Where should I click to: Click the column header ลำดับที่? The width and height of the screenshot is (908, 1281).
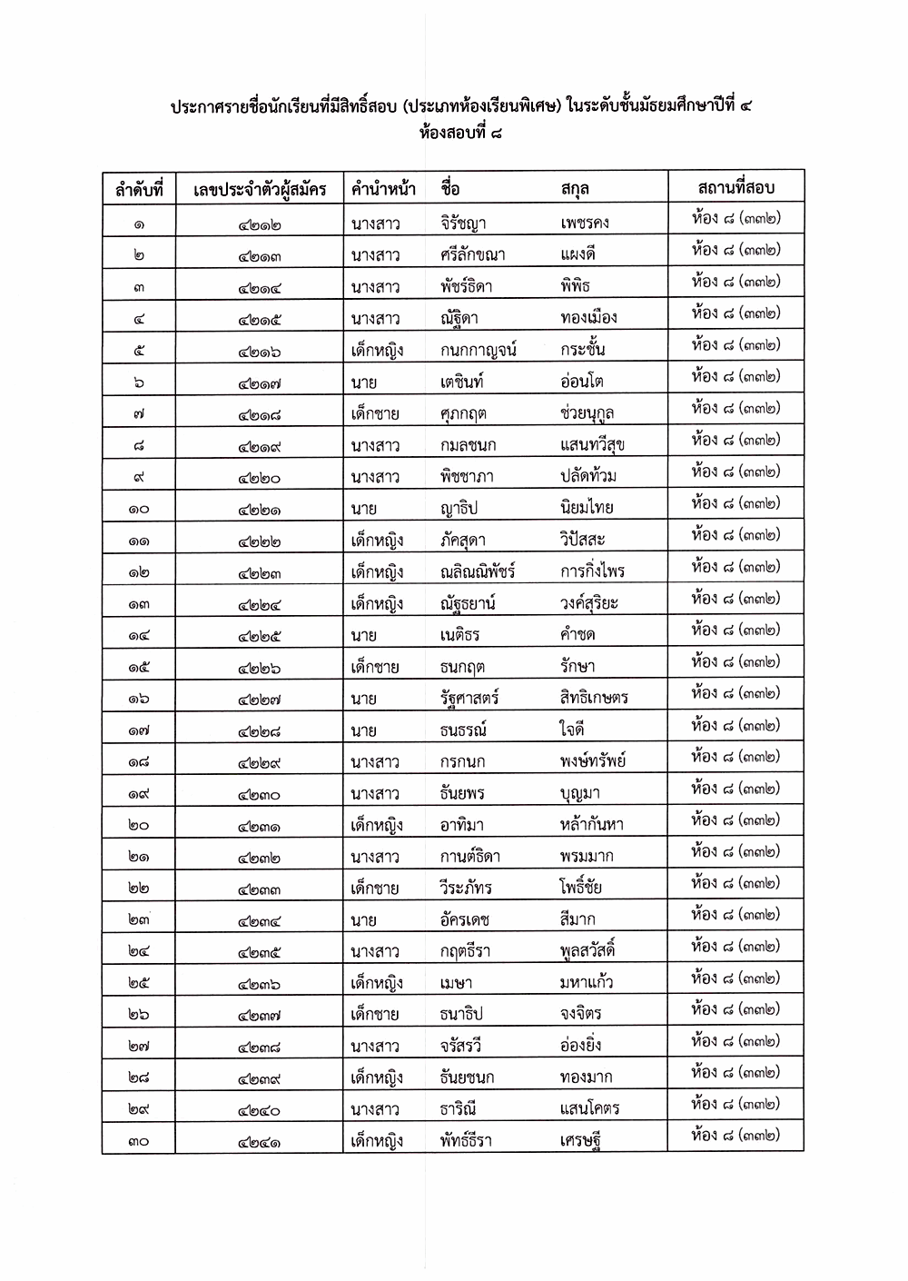click(x=138, y=190)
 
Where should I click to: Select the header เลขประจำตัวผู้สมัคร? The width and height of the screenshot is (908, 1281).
click(x=260, y=190)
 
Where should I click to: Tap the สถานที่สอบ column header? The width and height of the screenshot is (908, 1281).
click(x=735, y=188)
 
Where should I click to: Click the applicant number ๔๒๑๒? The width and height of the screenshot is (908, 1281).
click(x=260, y=224)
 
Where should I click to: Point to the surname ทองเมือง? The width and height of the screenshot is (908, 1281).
click(x=588, y=318)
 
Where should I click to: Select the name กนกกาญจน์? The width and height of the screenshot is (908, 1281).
click(x=478, y=350)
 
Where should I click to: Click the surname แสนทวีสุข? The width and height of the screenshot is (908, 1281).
click(x=592, y=445)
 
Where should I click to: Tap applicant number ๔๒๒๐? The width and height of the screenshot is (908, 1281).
click(x=260, y=478)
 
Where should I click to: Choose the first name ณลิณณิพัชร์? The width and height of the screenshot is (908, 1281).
click(x=478, y=571)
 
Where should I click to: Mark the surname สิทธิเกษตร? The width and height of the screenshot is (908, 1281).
click(x=594, y=698)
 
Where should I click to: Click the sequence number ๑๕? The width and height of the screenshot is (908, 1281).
click(x=138, y=668)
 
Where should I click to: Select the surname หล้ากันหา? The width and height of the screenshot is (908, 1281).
click(x=591, y=825)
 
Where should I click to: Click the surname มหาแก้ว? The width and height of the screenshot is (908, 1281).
click(x=587, y=982)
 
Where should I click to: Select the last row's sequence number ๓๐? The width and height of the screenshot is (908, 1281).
click(x=138, y=1141)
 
